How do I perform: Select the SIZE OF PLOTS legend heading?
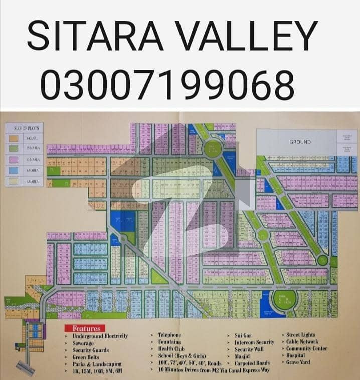coord(26,128)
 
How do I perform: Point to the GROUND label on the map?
coord(300,142)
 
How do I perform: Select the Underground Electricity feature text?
coord(100,336)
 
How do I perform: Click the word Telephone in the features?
coord(169,334)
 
